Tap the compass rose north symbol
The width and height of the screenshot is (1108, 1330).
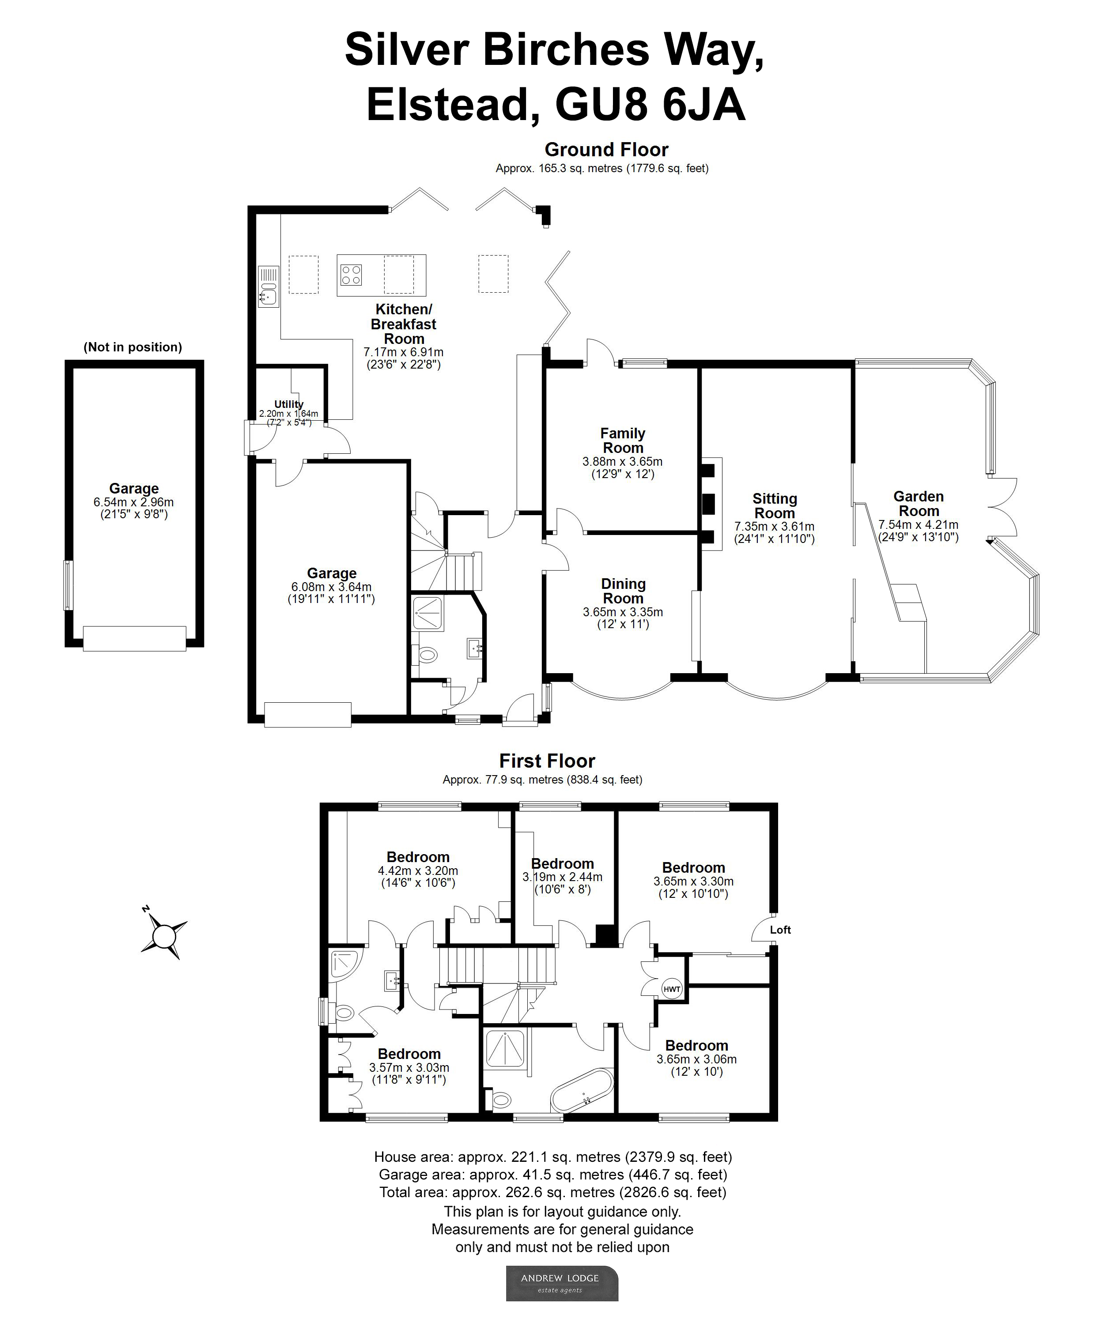(x=164, y=935)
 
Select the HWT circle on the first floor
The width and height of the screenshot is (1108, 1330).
(x=672, y=989)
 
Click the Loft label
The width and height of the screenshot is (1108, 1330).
(x=780, y=930)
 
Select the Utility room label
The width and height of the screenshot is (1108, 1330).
(x=288, y=404)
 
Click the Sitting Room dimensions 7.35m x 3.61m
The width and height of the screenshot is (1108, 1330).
(x=774, y=526)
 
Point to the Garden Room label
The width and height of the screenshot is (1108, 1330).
(x=918, y=504)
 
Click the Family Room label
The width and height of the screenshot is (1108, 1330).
(x=623, y=440)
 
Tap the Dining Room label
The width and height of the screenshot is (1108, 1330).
(x=623, y=591)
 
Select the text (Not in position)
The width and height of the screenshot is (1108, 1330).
(x=132, y=347)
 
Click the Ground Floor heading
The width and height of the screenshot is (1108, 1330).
(x=606, y=150)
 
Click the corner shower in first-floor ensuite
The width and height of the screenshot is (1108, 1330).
(x=344, y=963)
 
